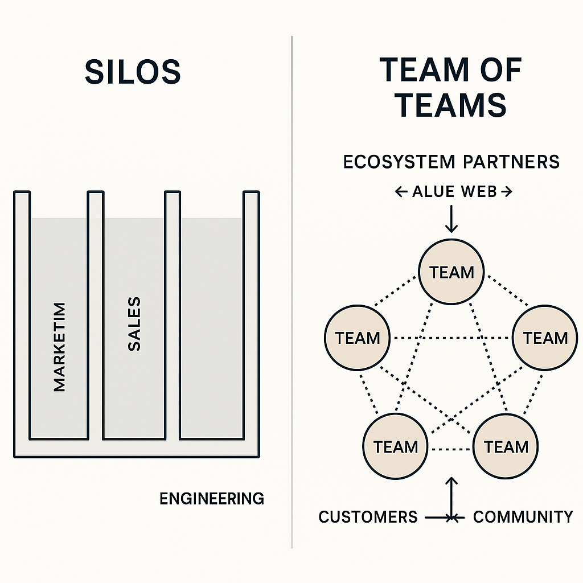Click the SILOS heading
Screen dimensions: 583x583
click(x=133, y=72)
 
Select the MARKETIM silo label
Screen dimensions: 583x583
click(x=59, y=347)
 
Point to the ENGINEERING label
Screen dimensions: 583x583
click(x=212, y=499)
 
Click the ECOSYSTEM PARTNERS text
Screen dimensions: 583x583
click(x=451, y=162)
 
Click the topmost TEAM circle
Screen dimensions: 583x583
click(x=451, y=272)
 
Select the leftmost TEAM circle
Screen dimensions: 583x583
click(x=357, y=338)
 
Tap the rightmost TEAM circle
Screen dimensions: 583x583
click(x=545, y=338)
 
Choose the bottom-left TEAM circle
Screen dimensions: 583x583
click(x=396, y=446)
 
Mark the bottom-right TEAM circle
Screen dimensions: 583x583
click(x=506, y=446)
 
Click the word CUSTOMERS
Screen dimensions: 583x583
click(x=368, y=517)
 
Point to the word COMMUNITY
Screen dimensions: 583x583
click(x=523, y=517)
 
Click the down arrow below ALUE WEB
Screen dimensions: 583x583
click(x=451, y=219)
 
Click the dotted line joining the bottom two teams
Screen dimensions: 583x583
click(x=451, y=450)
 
